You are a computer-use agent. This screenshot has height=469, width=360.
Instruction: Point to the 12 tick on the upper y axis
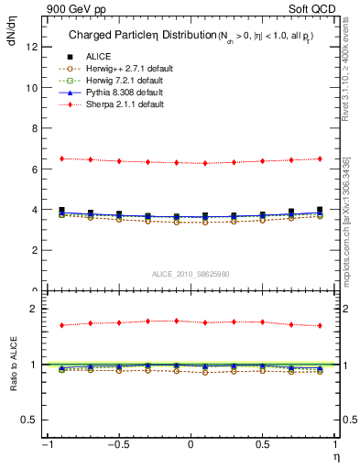(32, 48)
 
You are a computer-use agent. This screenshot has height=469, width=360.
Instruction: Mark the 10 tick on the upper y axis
(32, 88)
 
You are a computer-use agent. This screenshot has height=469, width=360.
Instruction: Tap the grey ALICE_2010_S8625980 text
(191, 274)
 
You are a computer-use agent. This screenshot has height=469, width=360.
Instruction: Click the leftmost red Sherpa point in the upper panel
(61, 158)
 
